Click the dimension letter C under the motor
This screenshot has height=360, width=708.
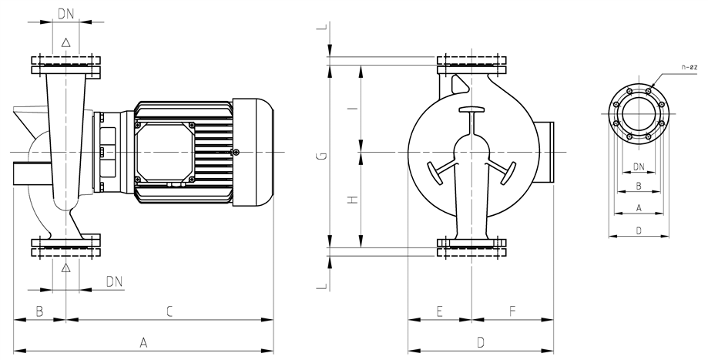169,311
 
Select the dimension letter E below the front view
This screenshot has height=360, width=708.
440,311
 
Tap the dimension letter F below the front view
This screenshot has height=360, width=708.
512,311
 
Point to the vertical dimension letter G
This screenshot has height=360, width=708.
321,156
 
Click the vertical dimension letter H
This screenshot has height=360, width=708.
354,199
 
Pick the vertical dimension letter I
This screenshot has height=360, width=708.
354,109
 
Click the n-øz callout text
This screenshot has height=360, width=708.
690,67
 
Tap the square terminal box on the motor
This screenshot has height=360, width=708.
165,152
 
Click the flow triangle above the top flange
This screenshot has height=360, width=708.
66,42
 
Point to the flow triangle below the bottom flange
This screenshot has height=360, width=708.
66,267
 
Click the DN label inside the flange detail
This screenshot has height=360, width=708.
639,167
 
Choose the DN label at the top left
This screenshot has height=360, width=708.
66,14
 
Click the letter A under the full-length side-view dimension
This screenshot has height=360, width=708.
143,343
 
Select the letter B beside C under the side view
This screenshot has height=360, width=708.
39,311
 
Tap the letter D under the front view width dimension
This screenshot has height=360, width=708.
481,343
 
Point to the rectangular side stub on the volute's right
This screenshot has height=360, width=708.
546,152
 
